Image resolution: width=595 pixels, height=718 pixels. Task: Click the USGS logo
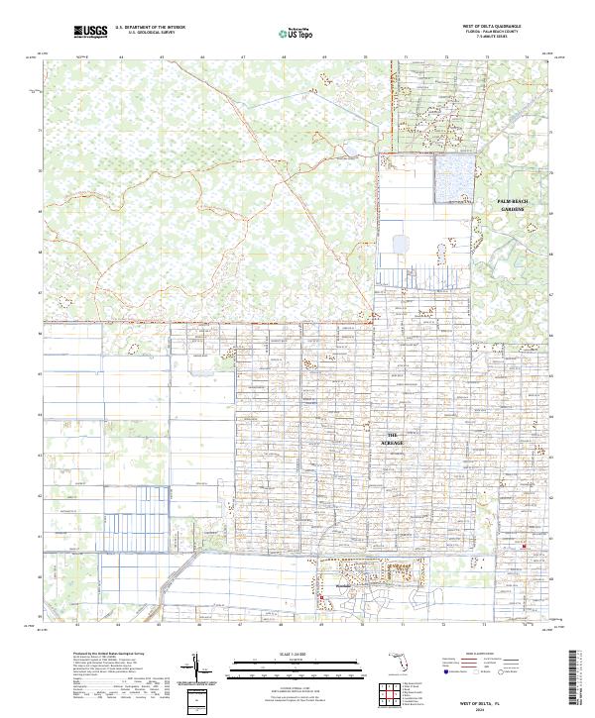pyautogui.click(x=90, y=32)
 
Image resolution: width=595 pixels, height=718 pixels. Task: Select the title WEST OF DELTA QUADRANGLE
pyautogui.click(x=492, y=26)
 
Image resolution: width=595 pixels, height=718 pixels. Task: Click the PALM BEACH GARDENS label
pyautogui.click(x=513, y=205)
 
